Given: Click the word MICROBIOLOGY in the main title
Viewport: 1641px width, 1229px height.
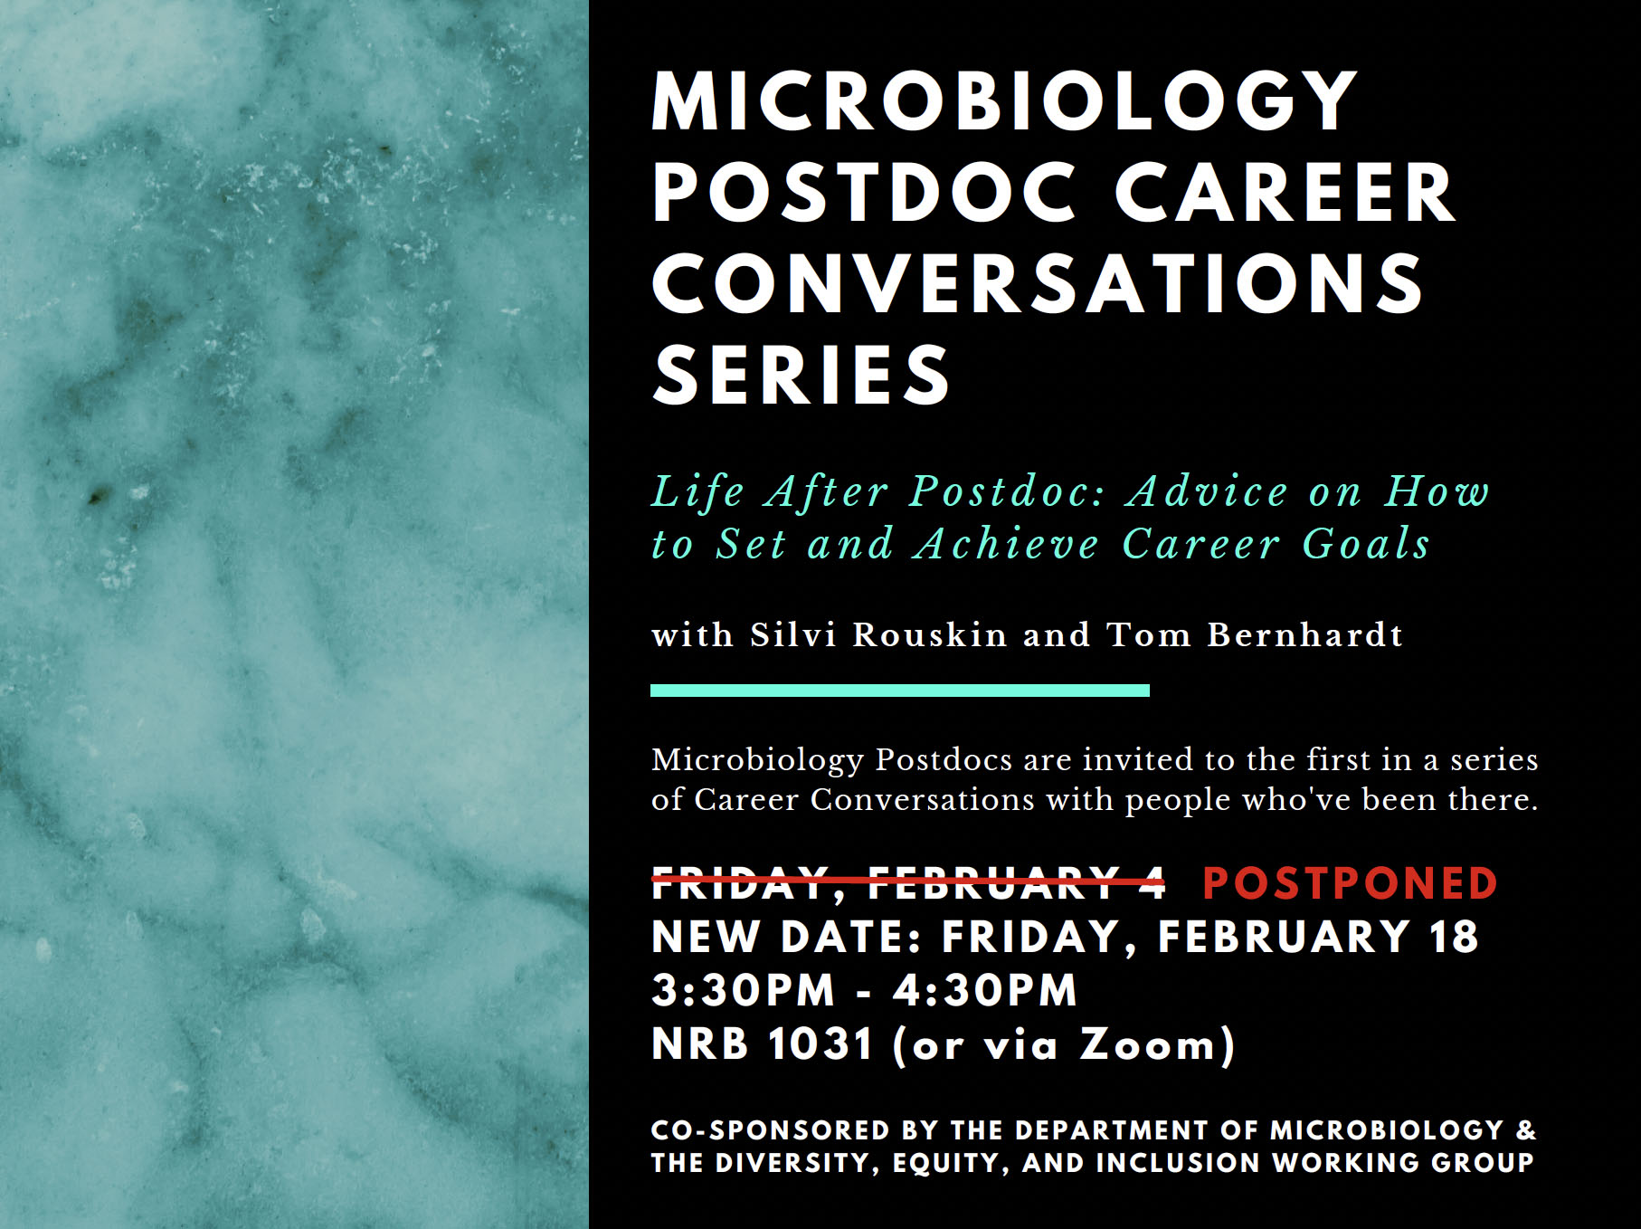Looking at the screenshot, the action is (x=1004, y=101).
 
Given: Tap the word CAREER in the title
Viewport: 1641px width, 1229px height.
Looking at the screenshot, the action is (x=1285, y=193).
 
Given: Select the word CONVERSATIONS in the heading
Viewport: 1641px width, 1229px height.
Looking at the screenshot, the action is (x=1038, y=283).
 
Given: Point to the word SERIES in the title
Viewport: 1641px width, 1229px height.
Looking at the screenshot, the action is (x=801, y=375).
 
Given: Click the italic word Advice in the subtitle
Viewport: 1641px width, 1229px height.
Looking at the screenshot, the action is (x=1208, y=491).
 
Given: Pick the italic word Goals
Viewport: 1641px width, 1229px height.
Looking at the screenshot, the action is (x=1366, y=544).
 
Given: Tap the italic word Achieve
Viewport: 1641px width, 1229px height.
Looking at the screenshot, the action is (x=1006, y=544).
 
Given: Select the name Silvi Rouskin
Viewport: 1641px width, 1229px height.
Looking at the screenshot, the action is (x=877, y=634).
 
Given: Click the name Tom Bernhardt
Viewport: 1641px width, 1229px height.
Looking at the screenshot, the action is (x=1255, y=634).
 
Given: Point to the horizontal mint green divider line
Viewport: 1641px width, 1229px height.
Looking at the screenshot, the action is (x=900, y=691).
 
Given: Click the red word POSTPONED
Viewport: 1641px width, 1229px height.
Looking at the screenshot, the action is (x=1350, y=883).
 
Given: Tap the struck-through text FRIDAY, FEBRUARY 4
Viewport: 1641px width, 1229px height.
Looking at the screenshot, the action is (x=908, y=883).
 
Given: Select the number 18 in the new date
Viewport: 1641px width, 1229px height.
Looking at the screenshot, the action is (x=1454, y=937).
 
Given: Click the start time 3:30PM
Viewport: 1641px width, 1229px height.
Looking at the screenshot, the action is (x=743, y=990).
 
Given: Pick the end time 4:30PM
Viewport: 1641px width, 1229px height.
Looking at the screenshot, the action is (x=985, y=990).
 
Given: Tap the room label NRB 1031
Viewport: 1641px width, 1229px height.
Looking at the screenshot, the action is (x=762, y=1043).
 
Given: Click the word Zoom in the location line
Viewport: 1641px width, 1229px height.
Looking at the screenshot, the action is (x=1147, y=1043).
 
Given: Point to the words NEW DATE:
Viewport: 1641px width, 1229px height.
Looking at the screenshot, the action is (x=786, y=937).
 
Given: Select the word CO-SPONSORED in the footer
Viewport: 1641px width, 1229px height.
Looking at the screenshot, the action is (x=771, y=1130).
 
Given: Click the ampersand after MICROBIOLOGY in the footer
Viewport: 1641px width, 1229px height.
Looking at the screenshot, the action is (x=1525, y=1130).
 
